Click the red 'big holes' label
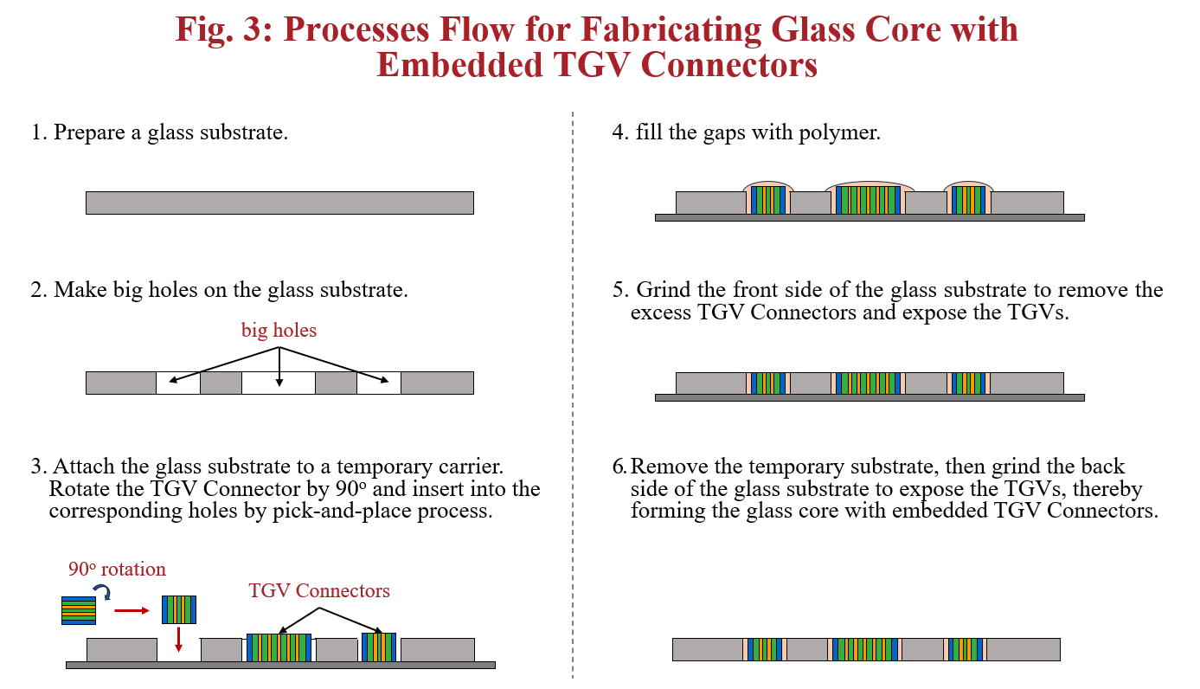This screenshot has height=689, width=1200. [279, 330]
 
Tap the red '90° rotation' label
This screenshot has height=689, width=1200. [118, 570]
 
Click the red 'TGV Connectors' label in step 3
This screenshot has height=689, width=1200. [319, 591]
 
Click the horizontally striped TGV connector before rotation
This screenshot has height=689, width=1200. [79, 610]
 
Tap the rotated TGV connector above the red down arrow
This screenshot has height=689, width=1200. [179, 609]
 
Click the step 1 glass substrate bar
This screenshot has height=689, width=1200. [279, 203]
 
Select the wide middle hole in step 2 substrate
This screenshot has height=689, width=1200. [278, 383]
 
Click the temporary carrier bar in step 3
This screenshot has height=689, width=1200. [280, 665]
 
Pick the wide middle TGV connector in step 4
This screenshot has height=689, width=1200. [868, 200]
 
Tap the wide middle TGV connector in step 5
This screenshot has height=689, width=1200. [868, 383]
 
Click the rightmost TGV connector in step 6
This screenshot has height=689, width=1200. [966, 649]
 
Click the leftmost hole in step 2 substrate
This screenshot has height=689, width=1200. [177, 383]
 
